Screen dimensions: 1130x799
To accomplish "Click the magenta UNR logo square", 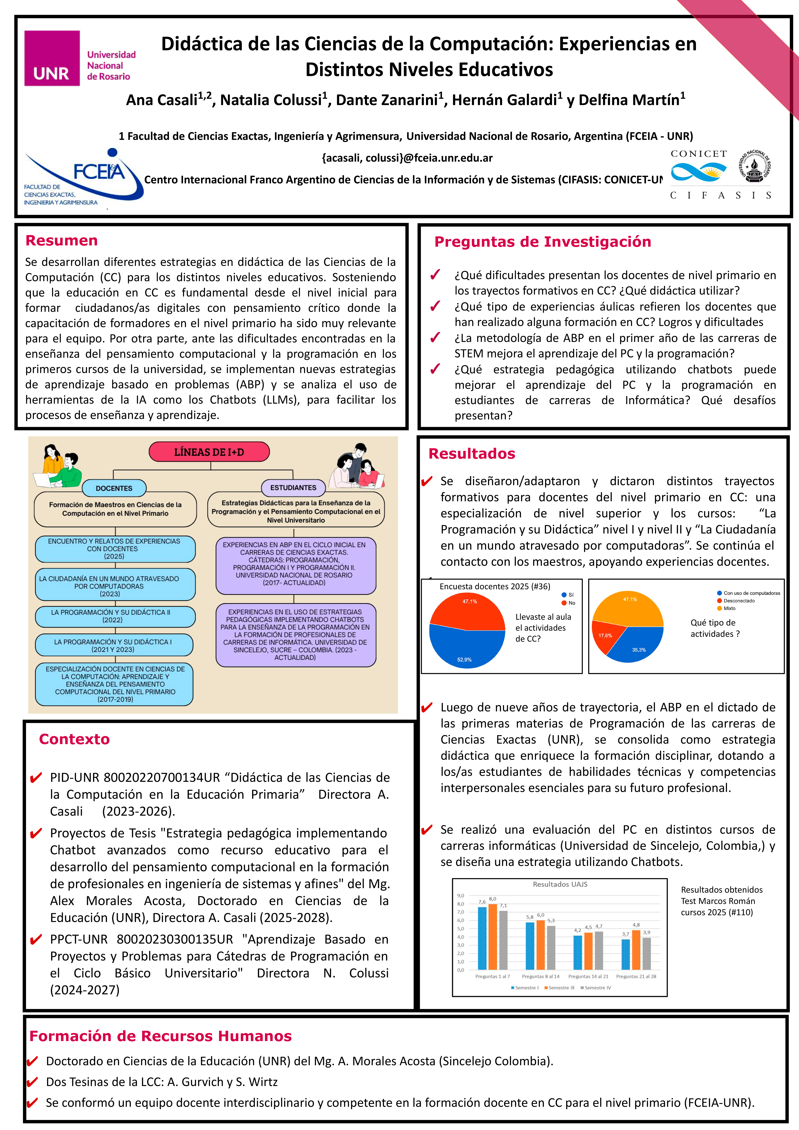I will pos(52,58).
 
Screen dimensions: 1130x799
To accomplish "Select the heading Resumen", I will pos(62,241).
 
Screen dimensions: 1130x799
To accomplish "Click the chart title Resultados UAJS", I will pos(560,884).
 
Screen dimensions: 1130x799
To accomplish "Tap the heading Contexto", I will pos(74,739).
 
